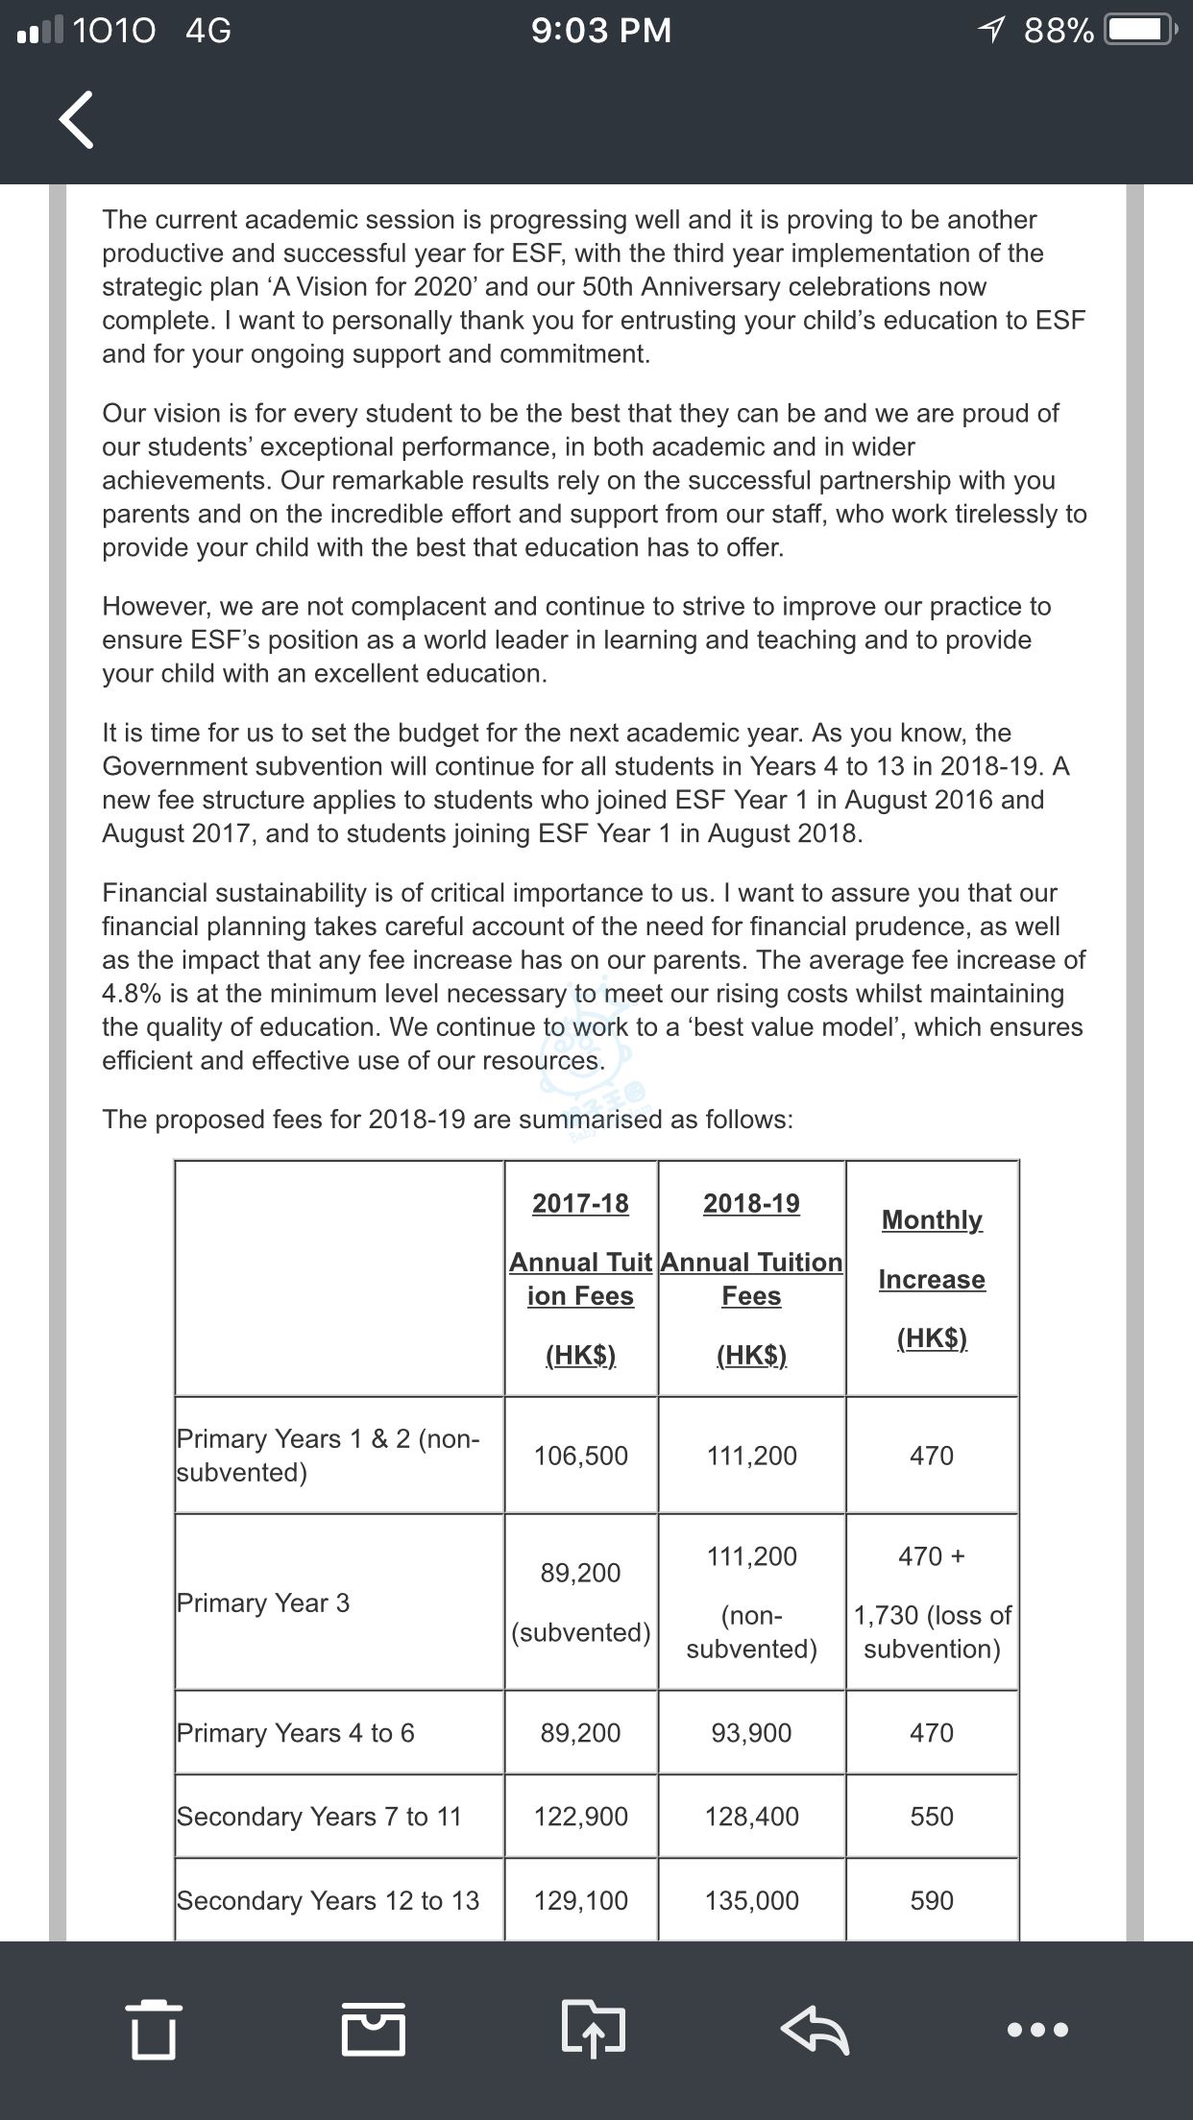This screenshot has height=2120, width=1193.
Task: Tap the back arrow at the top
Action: click(x=77, y=120)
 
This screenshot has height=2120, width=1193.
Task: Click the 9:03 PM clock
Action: click(x=601, y=31)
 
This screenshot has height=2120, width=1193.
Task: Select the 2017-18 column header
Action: click(x=580, y=1203)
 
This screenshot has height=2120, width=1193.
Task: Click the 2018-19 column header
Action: click(x=751, y=1203)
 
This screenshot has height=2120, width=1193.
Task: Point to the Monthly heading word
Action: click(x=932, y=1219)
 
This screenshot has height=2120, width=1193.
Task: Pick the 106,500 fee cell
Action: click(x=580, y=1456)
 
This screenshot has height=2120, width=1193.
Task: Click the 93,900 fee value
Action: click(x=751, y=1732)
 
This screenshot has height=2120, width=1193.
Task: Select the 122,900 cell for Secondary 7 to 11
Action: click(x=580, y=1816)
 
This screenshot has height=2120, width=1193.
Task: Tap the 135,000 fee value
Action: click(x=751, y=1900)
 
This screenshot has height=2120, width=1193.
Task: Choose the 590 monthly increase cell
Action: click(x=932, y=1900)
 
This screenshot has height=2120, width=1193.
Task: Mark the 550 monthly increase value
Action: click(x=932, y=1816)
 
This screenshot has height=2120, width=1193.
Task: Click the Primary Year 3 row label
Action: click(x=263, y=1602)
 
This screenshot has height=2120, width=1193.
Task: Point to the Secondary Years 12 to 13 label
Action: click(x=328, y=1900)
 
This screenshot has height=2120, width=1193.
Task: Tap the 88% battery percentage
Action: click(x=1059, y=31)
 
